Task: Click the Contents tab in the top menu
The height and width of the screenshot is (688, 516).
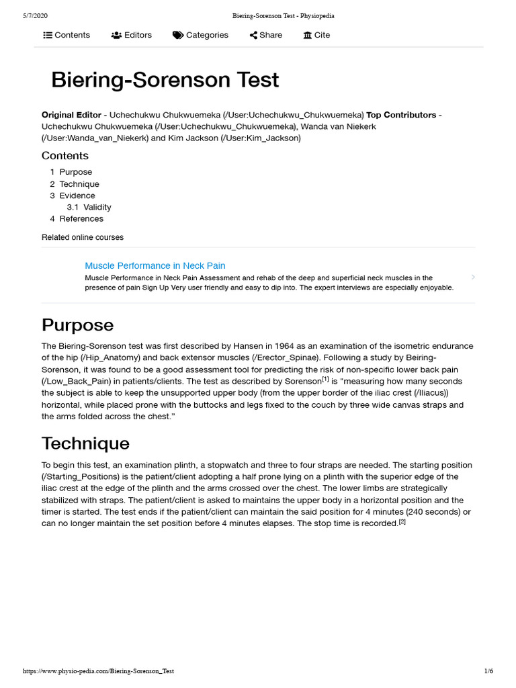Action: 67,35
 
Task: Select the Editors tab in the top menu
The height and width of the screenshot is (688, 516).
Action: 132,35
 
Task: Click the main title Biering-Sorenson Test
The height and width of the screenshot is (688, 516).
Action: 165,80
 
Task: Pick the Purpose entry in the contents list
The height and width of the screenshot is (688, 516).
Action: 75,172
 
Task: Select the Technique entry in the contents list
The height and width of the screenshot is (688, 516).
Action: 79,184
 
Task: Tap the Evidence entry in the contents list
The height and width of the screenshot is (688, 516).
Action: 77,196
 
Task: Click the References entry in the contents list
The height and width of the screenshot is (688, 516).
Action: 81,218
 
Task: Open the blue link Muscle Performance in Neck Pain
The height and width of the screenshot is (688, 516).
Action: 155,265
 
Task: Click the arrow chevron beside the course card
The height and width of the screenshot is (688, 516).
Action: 473,277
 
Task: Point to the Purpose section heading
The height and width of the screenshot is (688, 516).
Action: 78,325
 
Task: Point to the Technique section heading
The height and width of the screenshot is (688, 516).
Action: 85,443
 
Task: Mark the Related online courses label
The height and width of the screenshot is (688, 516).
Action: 83,237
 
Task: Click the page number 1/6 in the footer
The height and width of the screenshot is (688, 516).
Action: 488,671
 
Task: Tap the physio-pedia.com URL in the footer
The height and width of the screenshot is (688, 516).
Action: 98,671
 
